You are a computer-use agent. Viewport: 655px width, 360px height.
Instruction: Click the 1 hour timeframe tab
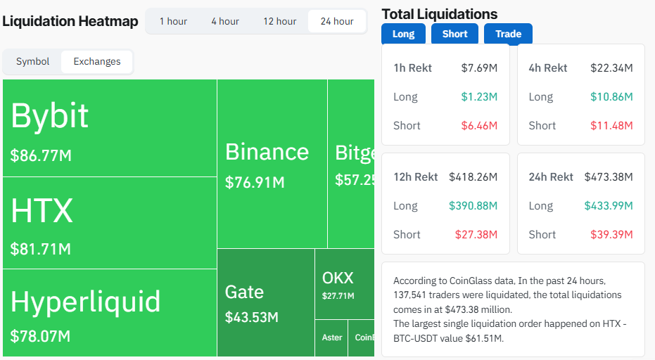click(x=173, y=21)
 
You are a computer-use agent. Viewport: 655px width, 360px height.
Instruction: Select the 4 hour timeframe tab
click(x=225, y=21)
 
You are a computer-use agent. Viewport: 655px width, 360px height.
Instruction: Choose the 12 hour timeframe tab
click(x=280, y=21)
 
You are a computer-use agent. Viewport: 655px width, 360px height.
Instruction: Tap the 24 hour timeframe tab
click(x=337, y=21)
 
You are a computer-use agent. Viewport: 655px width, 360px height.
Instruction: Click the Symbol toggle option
click(x=33, y=61)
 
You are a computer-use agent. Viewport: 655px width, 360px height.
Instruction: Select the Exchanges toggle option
click(x=97, y=61)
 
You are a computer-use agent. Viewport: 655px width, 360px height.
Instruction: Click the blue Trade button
click(x=508, y=34)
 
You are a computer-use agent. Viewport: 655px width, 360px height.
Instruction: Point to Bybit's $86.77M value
click(x=41, y=155)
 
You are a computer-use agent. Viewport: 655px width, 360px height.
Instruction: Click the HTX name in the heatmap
click(x=42, y=211)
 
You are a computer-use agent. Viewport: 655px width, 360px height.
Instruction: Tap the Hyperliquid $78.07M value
click(x=40, y=336)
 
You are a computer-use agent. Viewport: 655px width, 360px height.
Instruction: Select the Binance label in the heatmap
click(x=267, y=152)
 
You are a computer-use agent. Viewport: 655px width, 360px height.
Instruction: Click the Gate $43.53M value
click(x=252, y=317)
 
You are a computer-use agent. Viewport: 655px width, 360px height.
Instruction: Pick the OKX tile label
click(x=338, y=278)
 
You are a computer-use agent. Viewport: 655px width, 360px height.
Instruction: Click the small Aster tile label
click(x=332, y=337)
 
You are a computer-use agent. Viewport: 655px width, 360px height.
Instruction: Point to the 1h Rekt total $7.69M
click(x=479, y=68)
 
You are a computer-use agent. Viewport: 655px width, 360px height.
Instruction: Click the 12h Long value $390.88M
click(x=473, y=206)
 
